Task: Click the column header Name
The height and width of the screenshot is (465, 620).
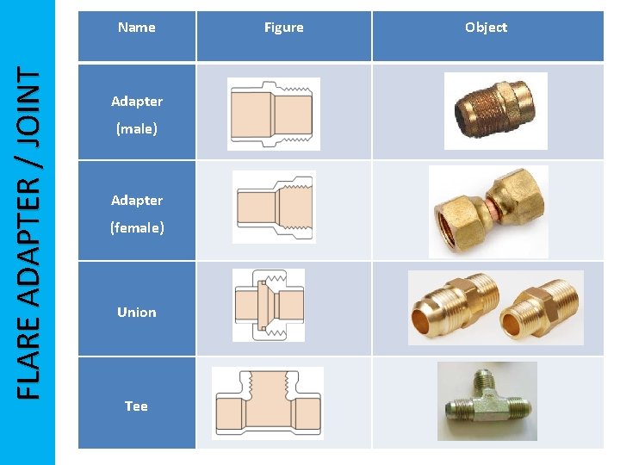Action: [137, 28]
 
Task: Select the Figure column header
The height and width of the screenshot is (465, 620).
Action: [283, 28]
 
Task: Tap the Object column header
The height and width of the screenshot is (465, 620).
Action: [486, 28]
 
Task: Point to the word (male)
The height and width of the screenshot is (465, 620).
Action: [137, 129]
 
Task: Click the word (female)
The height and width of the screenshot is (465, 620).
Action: [137, 228]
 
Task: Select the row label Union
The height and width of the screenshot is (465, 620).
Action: [137, 312]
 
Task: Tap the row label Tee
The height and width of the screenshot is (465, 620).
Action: [136, 406]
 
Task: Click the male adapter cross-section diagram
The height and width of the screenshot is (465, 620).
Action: [274, 114]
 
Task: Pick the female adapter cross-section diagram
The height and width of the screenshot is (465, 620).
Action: [274, 207]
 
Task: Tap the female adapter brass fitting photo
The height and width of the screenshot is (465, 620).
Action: [488, 211]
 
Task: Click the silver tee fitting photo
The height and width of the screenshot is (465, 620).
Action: [487, 400]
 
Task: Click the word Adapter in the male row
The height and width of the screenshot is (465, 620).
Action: [137, 102]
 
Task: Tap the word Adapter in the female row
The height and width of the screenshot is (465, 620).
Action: [137, 201]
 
